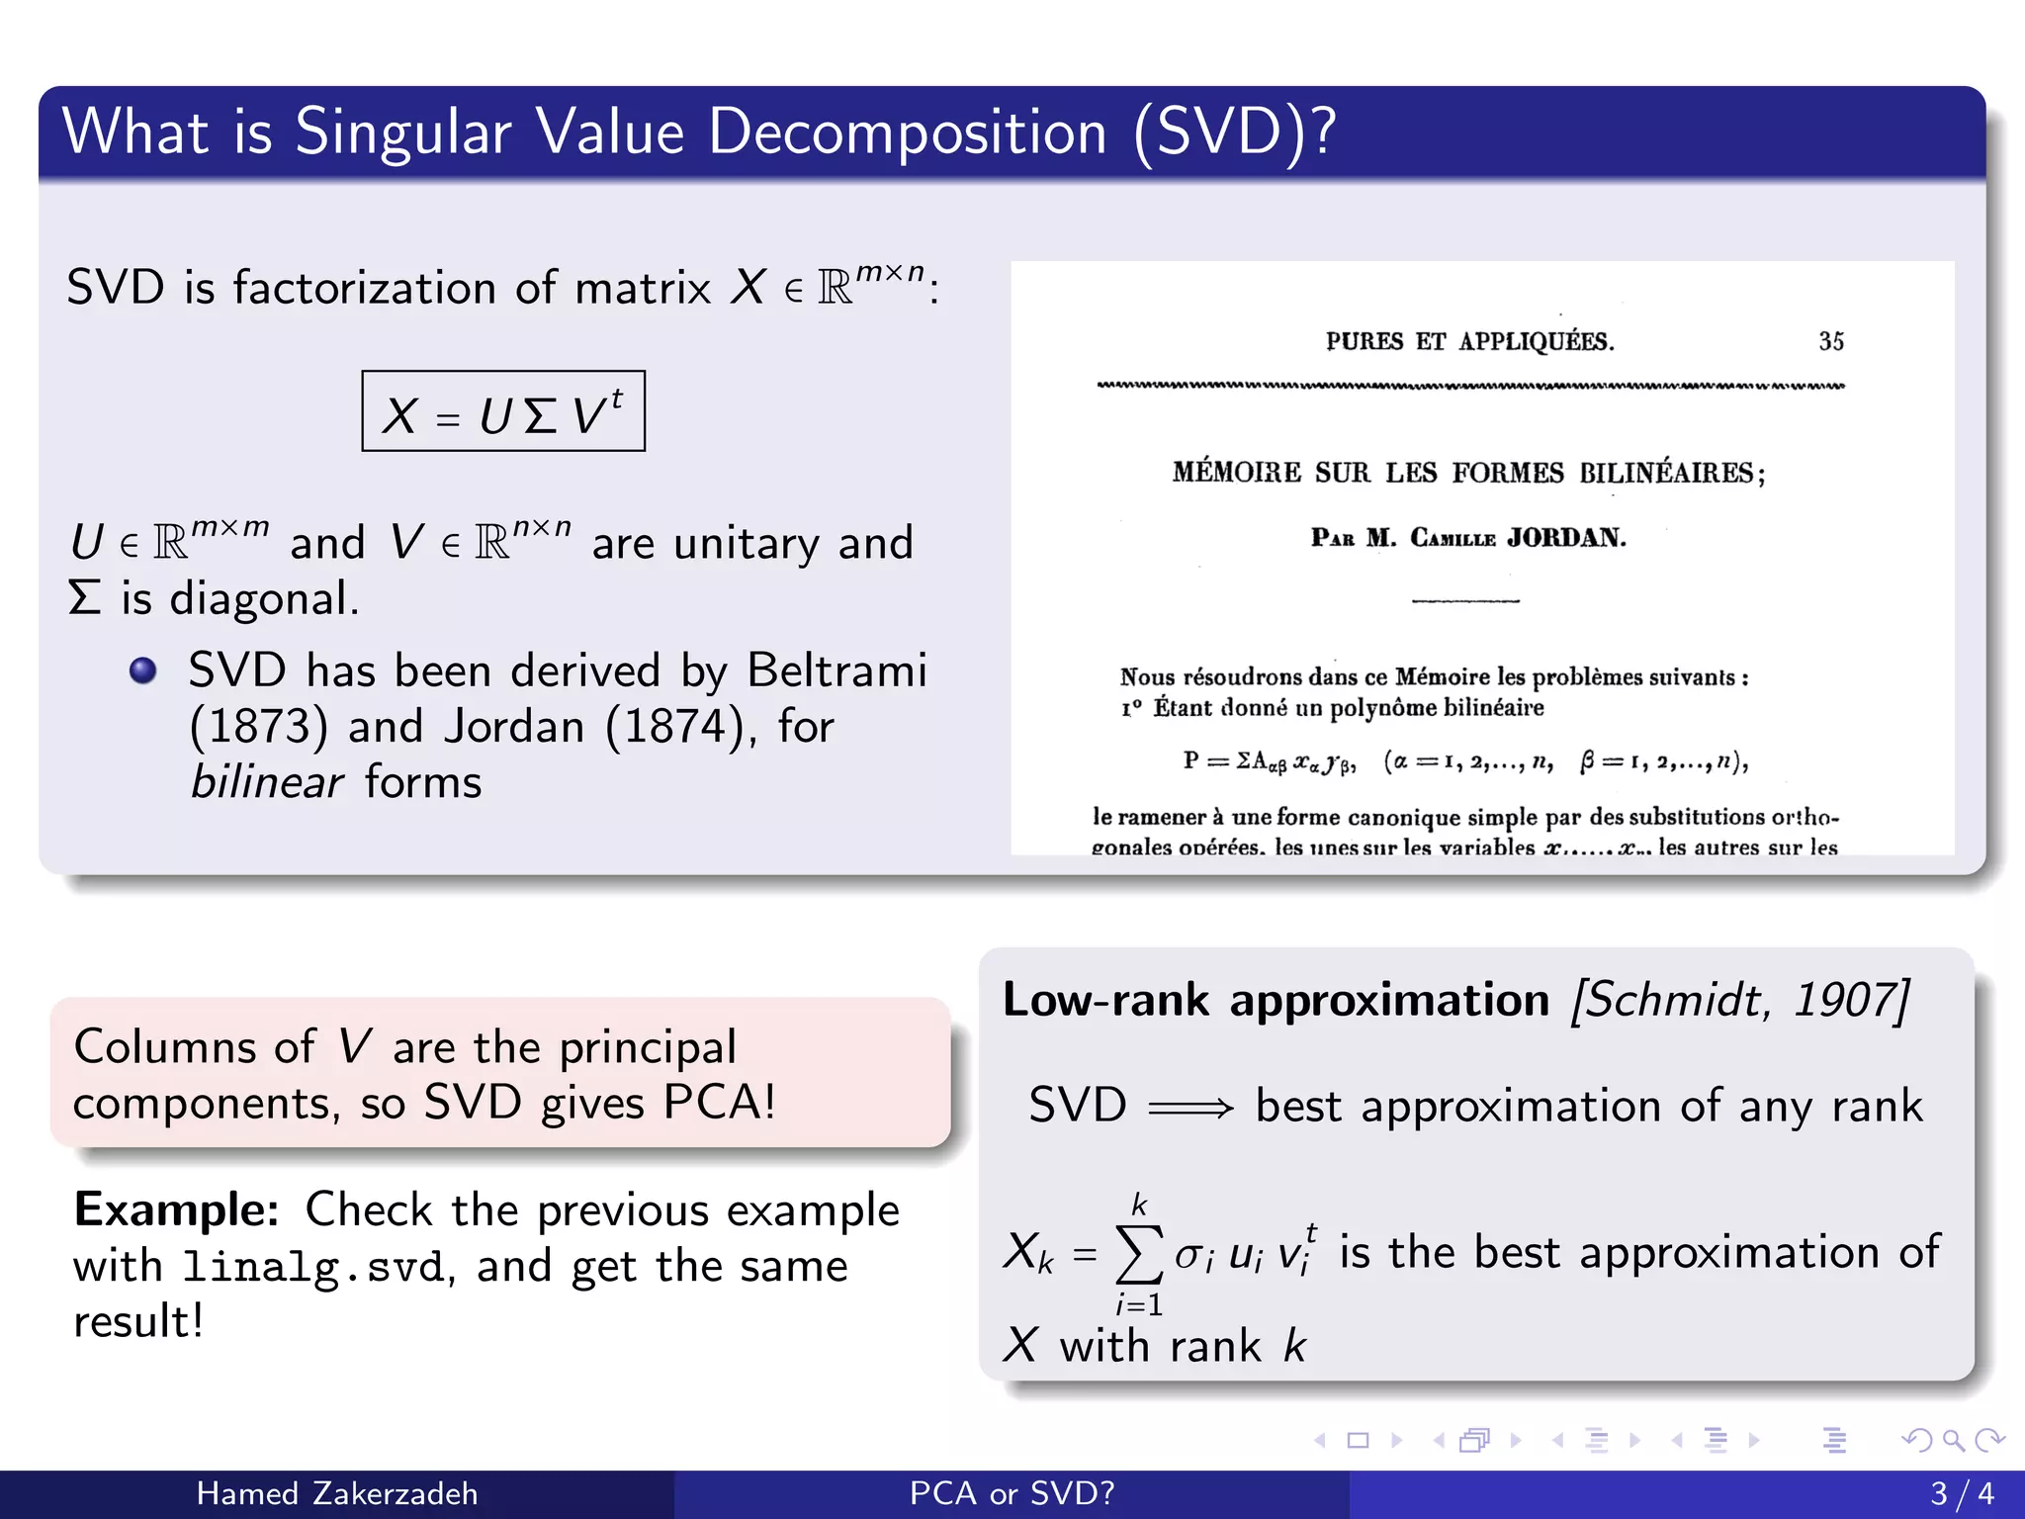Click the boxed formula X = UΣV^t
click(503, 412)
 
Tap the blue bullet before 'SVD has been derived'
click(143, 670)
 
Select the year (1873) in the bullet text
click(258, 727)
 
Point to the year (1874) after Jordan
click(673, 727)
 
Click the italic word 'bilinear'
click(266, 782)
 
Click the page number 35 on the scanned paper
click(1830, 341)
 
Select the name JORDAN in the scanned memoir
click(1566, 538)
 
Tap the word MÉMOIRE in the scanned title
click(1236, 473)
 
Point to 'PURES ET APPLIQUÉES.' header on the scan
click(1469, 342)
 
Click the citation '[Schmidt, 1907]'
click(1740, 1000)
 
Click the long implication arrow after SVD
click(1190, 1108)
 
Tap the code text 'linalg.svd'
click(314, 1268)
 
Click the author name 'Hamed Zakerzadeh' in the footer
click(337, 1493)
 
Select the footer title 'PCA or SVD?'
click(1012, 1493)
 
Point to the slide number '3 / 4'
click(1962, 1493)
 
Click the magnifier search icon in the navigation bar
click(1953, 1440)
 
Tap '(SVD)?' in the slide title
click(1235, 132)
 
